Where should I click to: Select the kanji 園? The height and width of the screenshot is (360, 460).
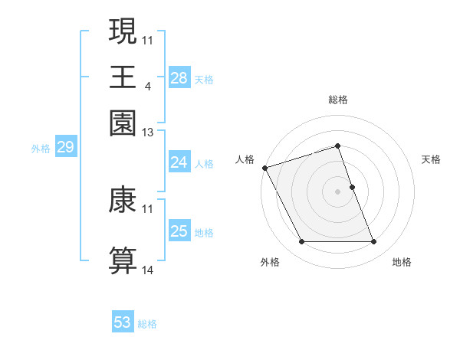coord(123,123)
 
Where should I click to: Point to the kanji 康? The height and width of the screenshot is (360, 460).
coord(123,200)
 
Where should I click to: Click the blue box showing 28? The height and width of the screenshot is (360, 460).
coord(179,77)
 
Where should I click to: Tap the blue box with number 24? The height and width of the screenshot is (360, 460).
coord(179,162)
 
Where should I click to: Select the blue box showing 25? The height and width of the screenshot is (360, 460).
coord(179,231)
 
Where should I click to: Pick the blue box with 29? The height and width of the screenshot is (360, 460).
coord(65,148)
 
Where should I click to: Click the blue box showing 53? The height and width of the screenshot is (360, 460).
coord(123,322)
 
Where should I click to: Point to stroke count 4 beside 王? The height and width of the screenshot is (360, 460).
coord(147,85)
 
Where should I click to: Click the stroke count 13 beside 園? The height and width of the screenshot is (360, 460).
coord(147,133)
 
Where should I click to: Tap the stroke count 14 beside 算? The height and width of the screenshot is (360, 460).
coord(147,270)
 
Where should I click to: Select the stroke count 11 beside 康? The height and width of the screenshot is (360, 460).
coord(147,208)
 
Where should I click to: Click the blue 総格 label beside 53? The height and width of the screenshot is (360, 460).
coord(147,324)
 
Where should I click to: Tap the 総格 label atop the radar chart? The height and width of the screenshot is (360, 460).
coord(337,100)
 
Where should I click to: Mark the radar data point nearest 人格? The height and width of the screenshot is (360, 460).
coord(264,167)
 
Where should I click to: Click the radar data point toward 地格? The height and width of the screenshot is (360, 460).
coord(374,242)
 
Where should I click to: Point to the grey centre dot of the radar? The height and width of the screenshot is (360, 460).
coord(337,191)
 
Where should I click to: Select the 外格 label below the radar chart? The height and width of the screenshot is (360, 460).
coord(269,263)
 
